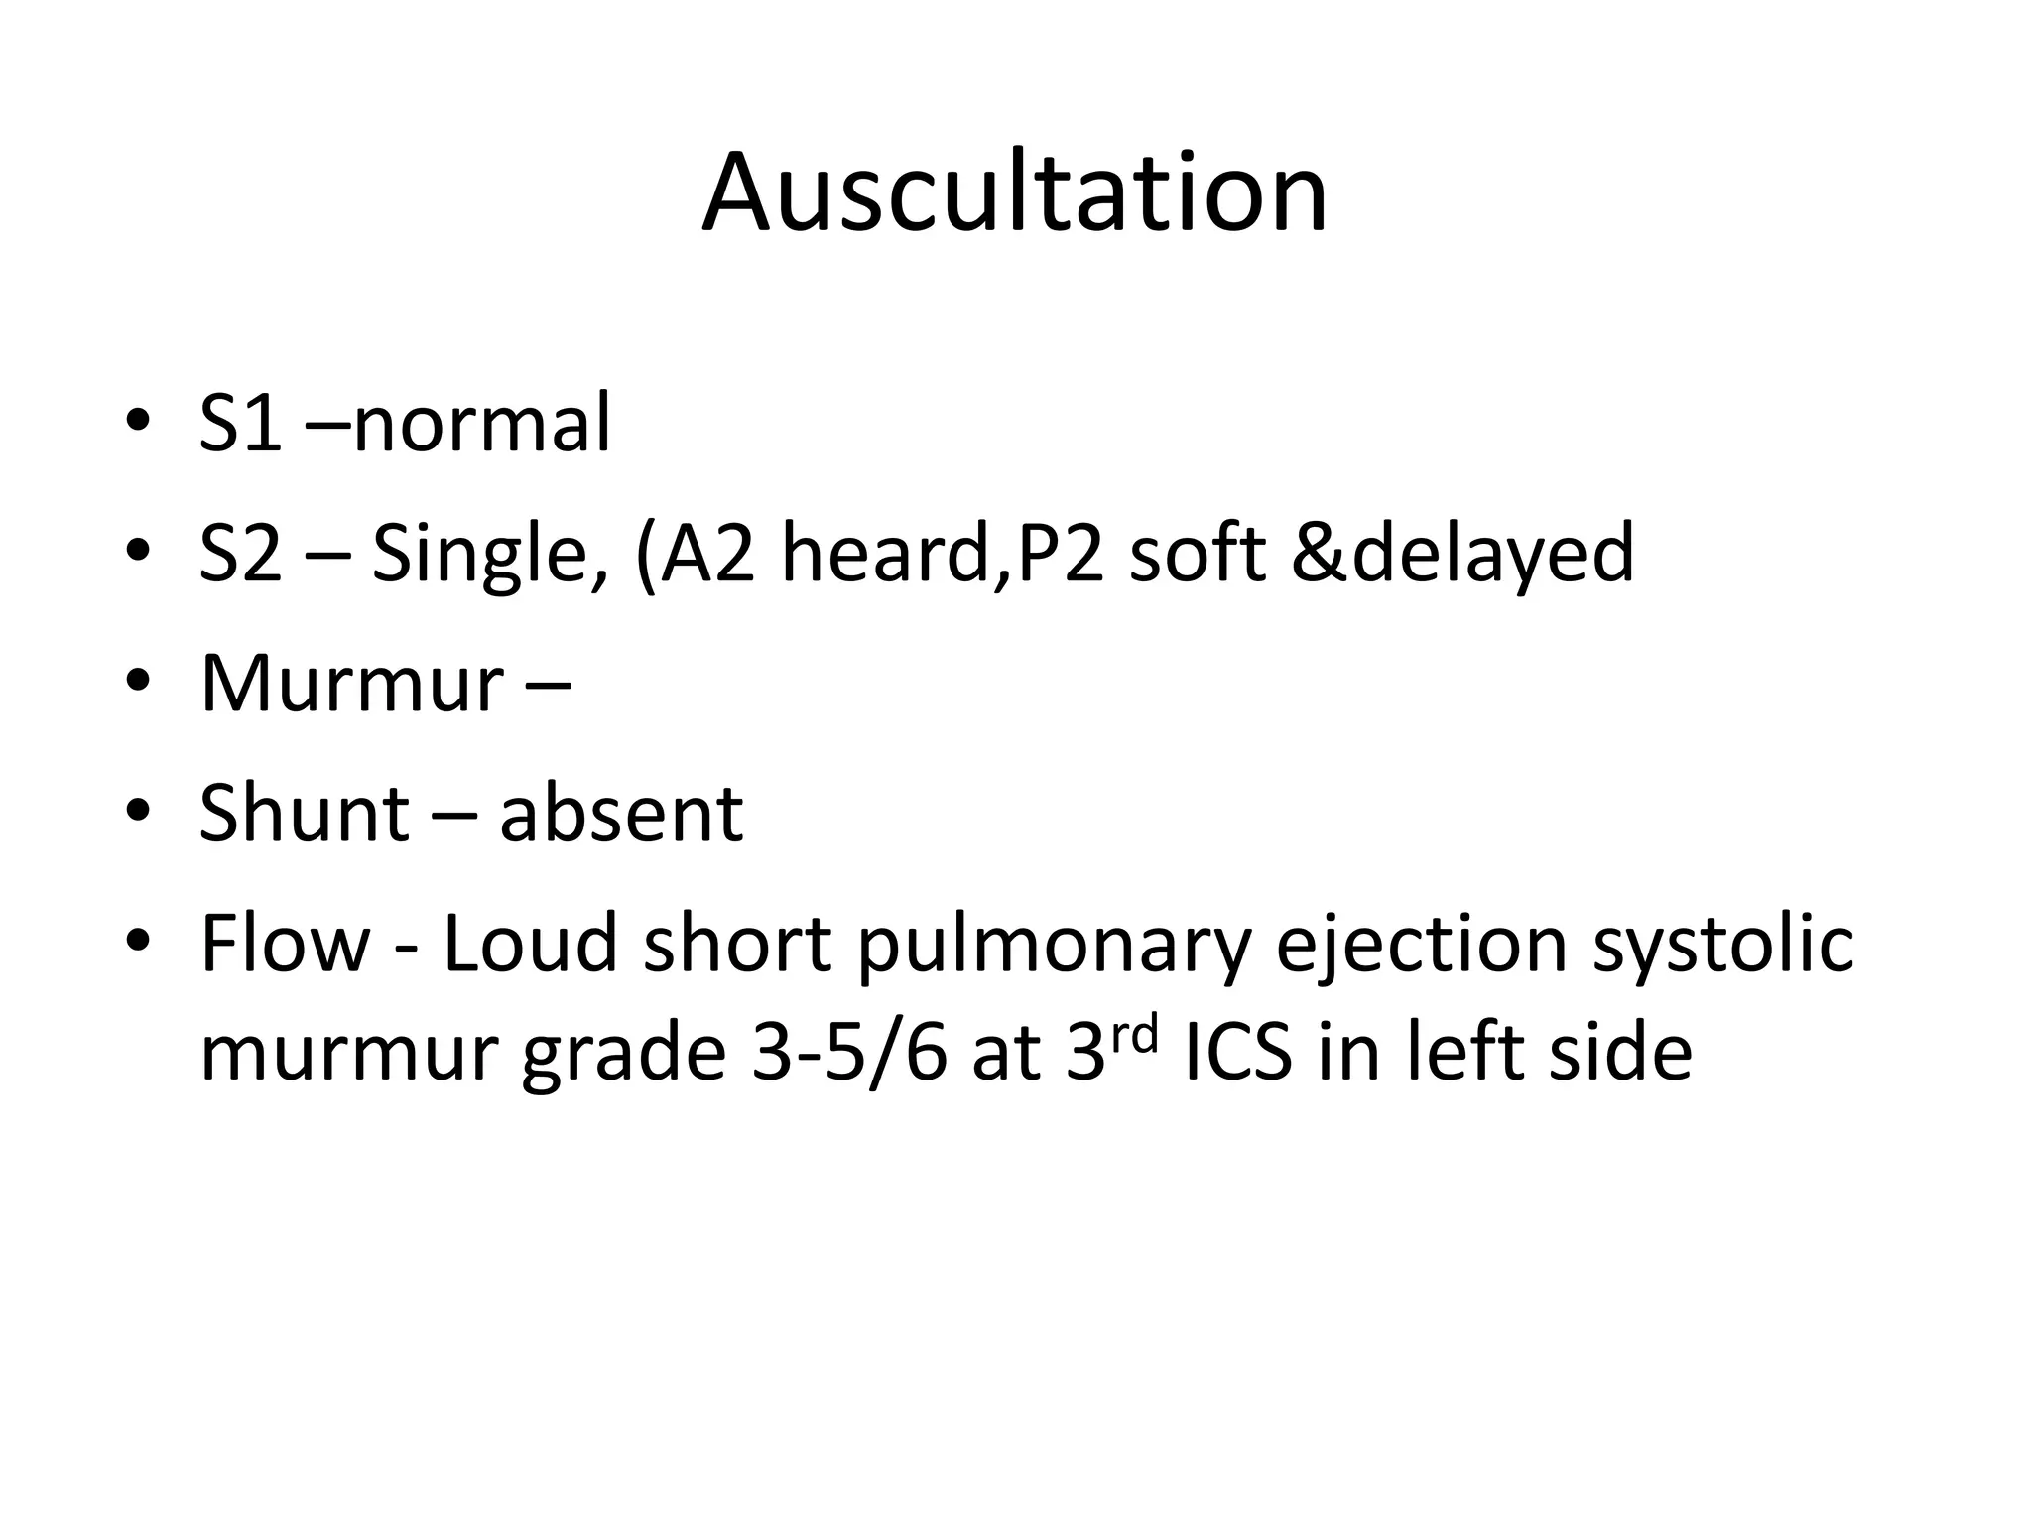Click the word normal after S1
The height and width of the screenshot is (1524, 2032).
tap(481, 424)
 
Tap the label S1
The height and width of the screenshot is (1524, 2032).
tap(240, 424)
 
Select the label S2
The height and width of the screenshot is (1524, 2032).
tap(240, 554)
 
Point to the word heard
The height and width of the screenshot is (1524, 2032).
tap(888, 554)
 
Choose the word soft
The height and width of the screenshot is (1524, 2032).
tap(1198, 554)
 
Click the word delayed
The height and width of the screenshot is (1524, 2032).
tap(1492, 556)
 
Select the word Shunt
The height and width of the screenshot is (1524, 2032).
tap(305, 814)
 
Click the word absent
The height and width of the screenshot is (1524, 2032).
tap(621, 814)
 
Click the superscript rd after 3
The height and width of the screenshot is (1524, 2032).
tap(1132, 1036)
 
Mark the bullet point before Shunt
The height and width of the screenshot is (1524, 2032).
tap(138, 812)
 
